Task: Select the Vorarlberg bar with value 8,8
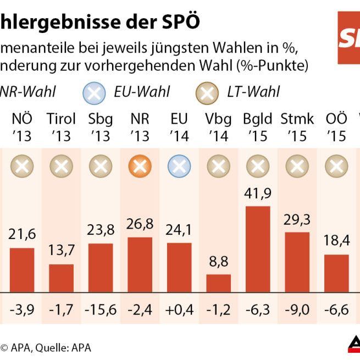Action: [218, 283]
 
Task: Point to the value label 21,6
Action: [22, 235]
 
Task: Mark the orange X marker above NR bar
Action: [140, 164]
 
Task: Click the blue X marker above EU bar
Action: [179, 164]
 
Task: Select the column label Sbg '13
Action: [101, 127]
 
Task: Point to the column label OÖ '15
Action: [336, 127]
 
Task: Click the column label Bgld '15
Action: [258, 127]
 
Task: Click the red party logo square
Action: [348, 37]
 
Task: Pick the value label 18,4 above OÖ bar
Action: [336, 241]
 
